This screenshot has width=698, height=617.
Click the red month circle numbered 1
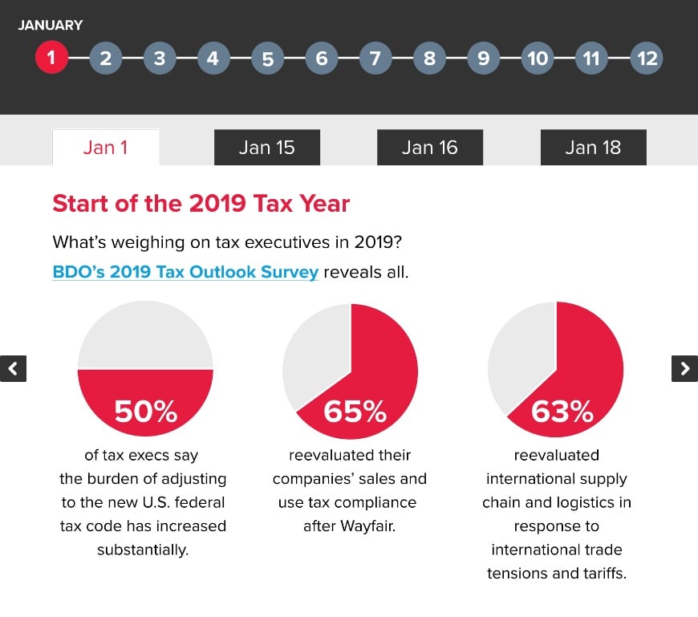click(x=51, y=58)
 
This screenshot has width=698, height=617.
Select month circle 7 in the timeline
click(x=375, y=58)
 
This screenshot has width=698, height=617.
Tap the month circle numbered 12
click(x=646, y=58)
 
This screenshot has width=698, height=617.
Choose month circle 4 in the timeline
click(x=213, y=58)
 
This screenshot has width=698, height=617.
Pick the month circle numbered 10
click(x=538, y=58)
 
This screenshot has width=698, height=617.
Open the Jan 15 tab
click(x=266, y=148)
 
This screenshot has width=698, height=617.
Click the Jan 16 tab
click(x=430, y=148)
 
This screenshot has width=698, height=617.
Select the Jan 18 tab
click(x=593, y=148)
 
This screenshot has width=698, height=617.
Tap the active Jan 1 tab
click(x=105, y=148)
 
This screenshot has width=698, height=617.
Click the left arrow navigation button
click(x=13, y=368)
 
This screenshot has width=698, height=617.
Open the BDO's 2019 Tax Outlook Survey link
click(x=185, y=272)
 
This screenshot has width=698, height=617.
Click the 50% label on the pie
click(x=145, y=411)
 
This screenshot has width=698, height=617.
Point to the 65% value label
click(x=354, y=411)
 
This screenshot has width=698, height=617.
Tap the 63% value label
click(x=562, y=411)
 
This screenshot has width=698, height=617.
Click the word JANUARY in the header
click(x=50, y=25)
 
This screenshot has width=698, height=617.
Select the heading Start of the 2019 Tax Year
click(x=201, y=203)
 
